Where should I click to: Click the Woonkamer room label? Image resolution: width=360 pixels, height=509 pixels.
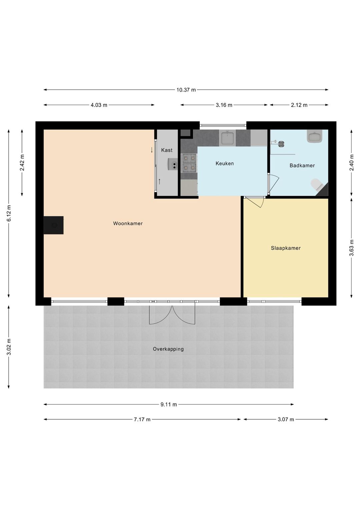(128, 224)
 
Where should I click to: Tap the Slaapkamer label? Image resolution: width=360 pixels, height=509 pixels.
(286, 248)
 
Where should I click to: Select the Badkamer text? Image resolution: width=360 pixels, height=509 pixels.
(302, 166)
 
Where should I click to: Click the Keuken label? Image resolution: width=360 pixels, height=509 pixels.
(224, 163)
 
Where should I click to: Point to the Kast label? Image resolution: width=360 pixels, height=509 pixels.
(167, 150)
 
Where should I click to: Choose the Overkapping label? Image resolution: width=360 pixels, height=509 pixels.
(168, 349)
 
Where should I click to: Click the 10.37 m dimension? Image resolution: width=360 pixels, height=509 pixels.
(186, 90)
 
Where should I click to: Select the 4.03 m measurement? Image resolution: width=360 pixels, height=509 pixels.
(99, 105)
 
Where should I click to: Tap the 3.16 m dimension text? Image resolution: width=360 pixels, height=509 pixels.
(224, 105)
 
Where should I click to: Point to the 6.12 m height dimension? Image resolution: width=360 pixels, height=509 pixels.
(9, 213)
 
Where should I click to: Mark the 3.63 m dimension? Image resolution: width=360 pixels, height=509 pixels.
(351, 248)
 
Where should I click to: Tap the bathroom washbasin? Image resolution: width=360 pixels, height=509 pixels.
(315, 136)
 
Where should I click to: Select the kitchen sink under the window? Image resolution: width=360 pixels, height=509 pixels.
(227, 138)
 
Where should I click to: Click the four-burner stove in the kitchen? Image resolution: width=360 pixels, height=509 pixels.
(189, 163)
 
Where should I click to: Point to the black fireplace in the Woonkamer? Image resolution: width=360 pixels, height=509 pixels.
(53, 225)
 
